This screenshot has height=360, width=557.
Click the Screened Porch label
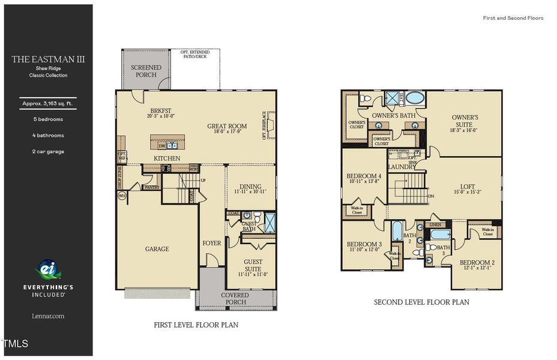146,71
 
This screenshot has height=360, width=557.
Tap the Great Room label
227,127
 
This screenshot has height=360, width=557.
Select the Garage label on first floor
157,248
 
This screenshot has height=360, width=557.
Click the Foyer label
211,243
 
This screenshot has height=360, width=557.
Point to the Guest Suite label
253,265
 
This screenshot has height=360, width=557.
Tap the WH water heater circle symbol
122,196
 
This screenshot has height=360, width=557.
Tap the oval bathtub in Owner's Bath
414,98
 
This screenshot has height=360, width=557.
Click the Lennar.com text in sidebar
48,315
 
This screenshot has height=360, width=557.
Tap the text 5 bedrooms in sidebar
48,119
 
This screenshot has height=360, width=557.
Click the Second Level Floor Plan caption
421,302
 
